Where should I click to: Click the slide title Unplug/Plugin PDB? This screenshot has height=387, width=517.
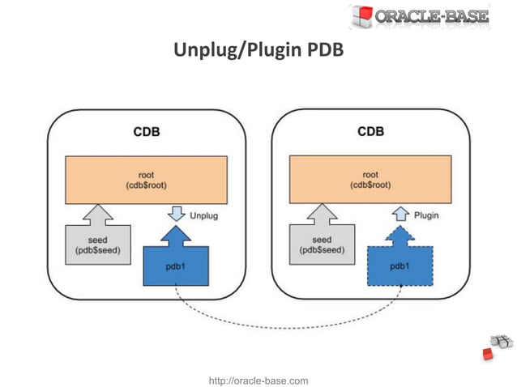pyautogui.click(x=258, y=51)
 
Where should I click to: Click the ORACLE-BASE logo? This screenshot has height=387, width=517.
pyautogui.click(x=420, y=16)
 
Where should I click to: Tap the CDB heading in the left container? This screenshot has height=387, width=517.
pyautogui.click(x=146, y=131)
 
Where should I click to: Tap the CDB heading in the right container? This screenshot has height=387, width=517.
pyautogui.click(x=370, y=131)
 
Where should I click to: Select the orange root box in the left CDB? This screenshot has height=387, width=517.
pyautogui.click(x=146, y=180)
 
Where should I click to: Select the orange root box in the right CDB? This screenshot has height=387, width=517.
pyautogui.click(x=370, y=180)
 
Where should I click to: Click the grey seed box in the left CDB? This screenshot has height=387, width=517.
pyautogui.click(x=97, y=244)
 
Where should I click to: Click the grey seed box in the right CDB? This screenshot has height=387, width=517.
pyautogui.click(x=322, y=244)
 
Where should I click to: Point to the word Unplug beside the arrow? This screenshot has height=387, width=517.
pyautogui.click(x=203, y=216)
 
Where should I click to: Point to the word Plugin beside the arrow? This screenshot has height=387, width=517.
pyautogui.click(x=427, y=216)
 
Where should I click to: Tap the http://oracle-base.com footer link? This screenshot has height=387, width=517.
pyautogui.click(x=258, y=380)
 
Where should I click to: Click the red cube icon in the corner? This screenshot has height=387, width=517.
pyautogui.click(x=488, y=354)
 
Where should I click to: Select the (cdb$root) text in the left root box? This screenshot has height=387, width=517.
pyautogui.click(x=146, y=185)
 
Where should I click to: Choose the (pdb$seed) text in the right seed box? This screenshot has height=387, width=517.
pyautogui.click(x=322, y=250)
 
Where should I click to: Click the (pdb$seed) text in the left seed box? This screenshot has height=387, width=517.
pyautogui.click(x=97, y=250)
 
